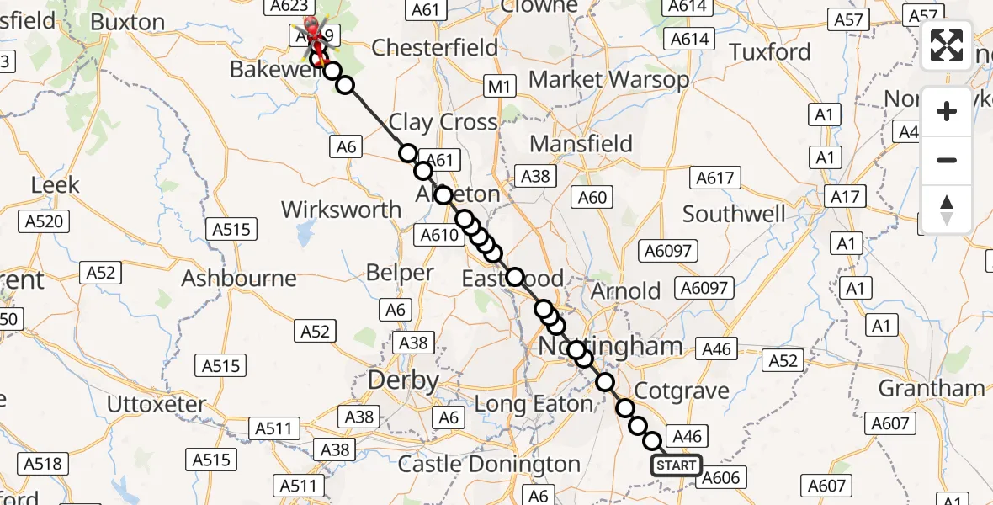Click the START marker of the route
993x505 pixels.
pos(676,465)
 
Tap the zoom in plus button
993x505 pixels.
pos(947,111)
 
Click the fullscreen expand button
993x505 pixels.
pos(947,45)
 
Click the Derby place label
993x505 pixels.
pos(404,380)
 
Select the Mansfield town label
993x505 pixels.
pos(581,144)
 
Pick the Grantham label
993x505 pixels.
pos(932,388)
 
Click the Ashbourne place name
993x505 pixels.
pos(239,278)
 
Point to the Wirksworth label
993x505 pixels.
pos(341,209)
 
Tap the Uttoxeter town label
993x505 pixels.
pos(156,404)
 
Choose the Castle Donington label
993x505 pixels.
pos(489,464)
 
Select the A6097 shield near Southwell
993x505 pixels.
pos(666,250)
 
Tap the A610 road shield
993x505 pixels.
pos(438,236)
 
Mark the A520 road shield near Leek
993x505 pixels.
pos(44,221)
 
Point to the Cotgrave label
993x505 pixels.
pos(681,391)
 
